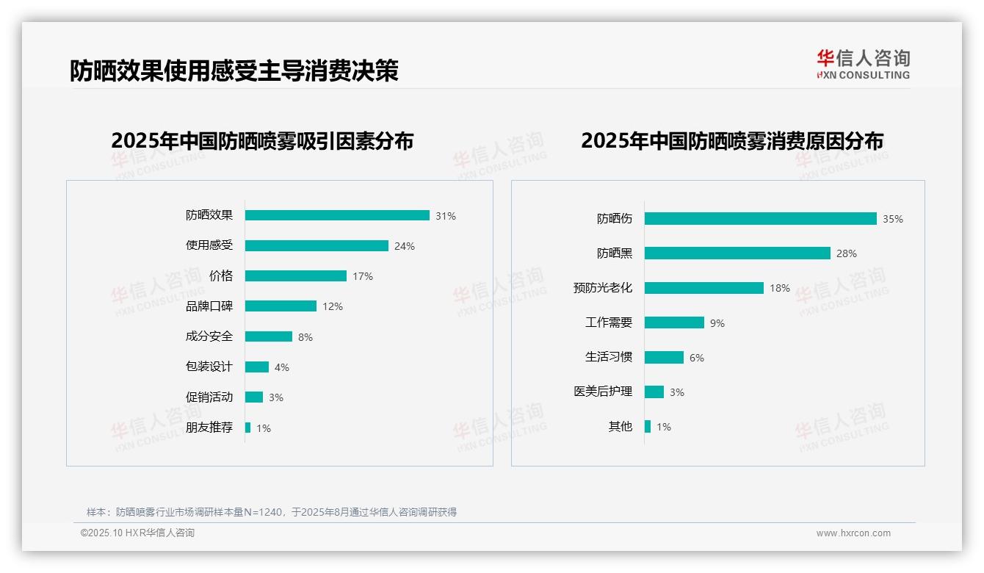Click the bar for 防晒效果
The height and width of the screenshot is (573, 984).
pos(337,215)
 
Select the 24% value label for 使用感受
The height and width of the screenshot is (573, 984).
pos(404,246)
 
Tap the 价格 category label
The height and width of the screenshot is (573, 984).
pos(220,275)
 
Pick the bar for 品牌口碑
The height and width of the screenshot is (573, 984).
pos(281,306)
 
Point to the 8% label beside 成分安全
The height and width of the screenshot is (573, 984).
pos(305,337)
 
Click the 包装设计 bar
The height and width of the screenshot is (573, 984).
pos(257,367)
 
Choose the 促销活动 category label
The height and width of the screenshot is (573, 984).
pos(209,397)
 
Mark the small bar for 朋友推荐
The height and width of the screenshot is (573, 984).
pos(247,428)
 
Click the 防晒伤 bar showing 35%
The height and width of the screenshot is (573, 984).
pos(760,218)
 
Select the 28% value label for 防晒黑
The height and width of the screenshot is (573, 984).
pos(846,253)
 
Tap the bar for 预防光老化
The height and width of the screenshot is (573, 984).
pos(703,288)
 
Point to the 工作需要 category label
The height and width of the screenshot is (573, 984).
pos(608,322)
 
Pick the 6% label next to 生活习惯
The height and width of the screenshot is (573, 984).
pos(696,358)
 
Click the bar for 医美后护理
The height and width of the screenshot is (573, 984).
pos(654,392)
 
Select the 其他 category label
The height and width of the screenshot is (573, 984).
pos(620,426)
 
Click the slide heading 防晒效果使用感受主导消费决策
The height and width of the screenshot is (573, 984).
pos(234,71)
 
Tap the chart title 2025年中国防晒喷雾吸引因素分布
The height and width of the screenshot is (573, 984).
pos(262,140)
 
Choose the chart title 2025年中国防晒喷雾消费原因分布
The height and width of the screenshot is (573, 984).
pos(731,140)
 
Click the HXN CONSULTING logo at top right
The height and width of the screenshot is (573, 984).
pos(863,64)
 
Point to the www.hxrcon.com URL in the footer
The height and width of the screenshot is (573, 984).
pos(853,533)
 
